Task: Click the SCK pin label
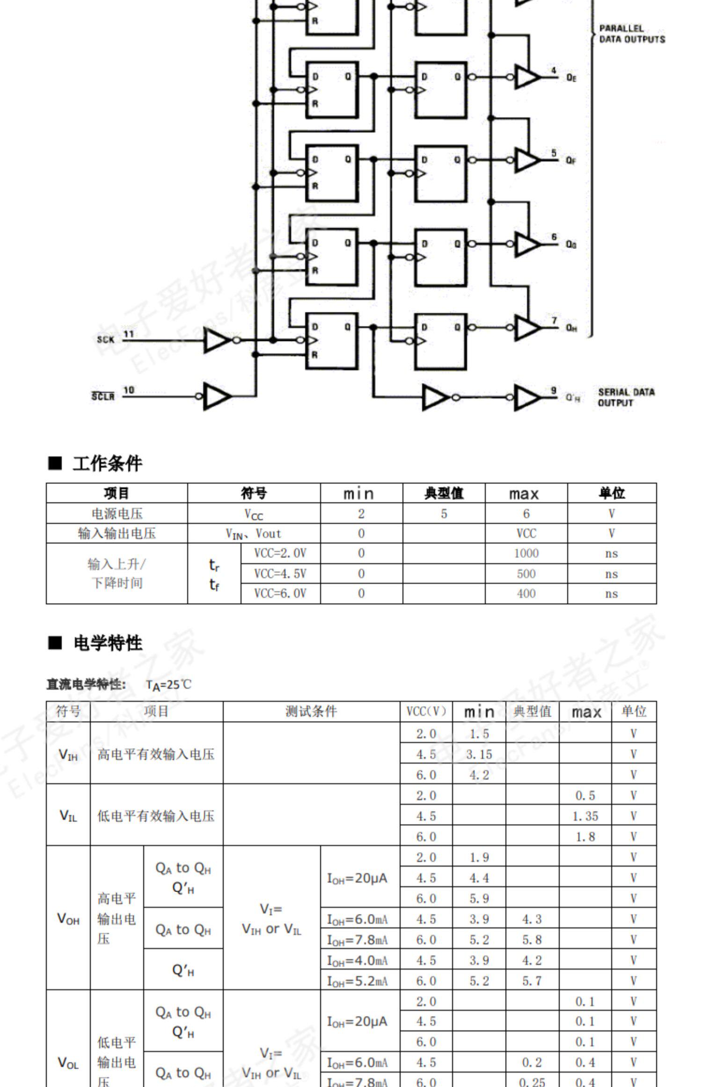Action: tap(105, 339)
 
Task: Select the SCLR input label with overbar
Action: tap(102, 397)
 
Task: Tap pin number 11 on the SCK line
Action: tap(128, 334)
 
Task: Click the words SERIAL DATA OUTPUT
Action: tap(626, 397)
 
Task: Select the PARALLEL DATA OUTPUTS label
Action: tap(631, 34)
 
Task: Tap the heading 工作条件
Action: tap(107, 463)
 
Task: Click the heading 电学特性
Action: tap(108, 643)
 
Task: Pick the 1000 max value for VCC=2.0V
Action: tap(526, 553)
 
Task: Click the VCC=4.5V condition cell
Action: tap(280, 573)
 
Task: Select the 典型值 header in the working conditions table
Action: tap(443, 493)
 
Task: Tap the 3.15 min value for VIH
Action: tap(479, 754)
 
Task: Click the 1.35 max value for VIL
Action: tap(585, 816)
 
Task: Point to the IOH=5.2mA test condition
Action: tap(358, 981)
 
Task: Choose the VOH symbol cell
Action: tap(68, 919)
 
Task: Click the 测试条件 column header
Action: tap(311, 712)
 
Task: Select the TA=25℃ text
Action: tap(168, 685)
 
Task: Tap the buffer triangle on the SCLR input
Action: tap(216, 397)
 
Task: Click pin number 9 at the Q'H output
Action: tap(554, 390)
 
